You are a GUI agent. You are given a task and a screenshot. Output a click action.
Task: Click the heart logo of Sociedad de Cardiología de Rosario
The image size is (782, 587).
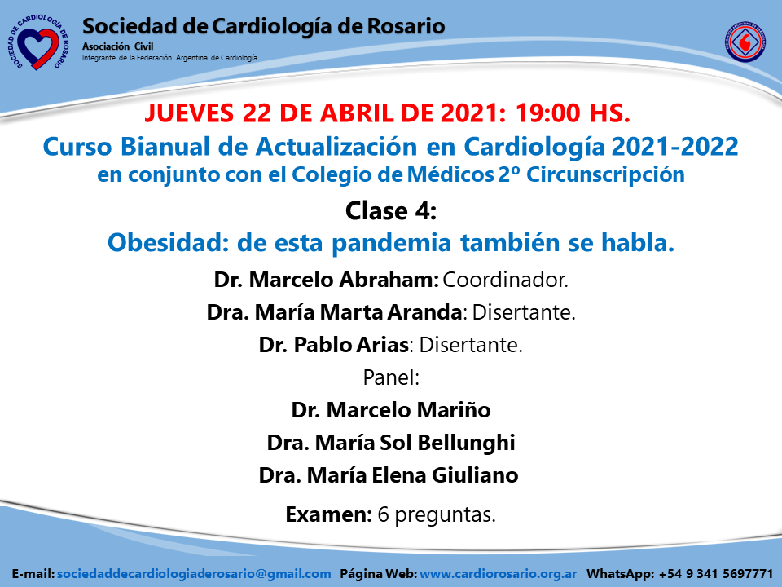[38, 43]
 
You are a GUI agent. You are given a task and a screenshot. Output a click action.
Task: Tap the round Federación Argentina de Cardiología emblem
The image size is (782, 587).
[745, 42]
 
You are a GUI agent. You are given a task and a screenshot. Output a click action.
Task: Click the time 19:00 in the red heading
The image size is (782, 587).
[547, 113]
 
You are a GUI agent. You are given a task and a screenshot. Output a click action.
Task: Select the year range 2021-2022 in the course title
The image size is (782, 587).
[674, 147]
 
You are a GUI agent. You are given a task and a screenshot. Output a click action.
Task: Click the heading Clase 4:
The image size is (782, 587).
[391, 210]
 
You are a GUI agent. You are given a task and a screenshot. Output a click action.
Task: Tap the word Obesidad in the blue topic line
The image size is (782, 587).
[168, 243]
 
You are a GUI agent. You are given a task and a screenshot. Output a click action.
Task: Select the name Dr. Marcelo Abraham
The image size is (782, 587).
[326, 280]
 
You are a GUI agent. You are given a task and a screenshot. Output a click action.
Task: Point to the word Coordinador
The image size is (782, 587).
[505, 280]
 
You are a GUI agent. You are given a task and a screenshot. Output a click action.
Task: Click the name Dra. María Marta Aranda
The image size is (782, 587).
[334, 312]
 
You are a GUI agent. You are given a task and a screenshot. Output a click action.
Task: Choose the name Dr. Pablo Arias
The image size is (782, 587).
[334, 345]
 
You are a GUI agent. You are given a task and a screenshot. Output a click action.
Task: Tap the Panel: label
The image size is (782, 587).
[391, 377]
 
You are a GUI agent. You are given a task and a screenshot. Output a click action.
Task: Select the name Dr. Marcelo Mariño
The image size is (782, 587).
[391, 410]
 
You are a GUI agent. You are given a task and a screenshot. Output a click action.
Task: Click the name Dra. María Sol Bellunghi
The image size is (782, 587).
[391, 443]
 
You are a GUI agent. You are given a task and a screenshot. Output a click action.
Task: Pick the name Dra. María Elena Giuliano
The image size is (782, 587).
[389, 475]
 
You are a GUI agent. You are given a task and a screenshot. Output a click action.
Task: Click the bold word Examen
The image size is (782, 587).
[327, 514]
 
